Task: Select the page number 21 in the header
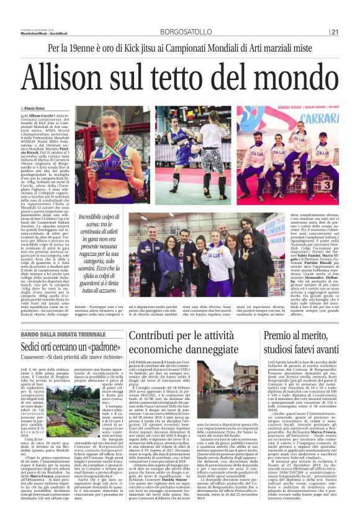(351, 32)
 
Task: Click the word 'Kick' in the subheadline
(143, 48)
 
